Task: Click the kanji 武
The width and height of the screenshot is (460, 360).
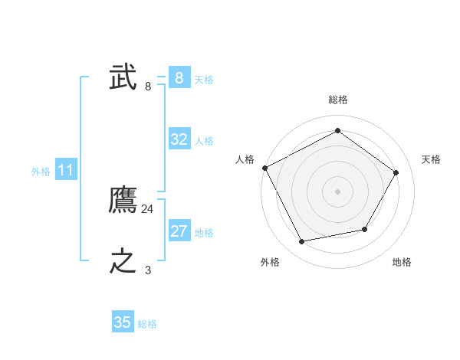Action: [123, 77]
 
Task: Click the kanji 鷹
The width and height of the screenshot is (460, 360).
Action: [123, 200]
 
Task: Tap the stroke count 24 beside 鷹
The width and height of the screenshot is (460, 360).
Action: [148, 208]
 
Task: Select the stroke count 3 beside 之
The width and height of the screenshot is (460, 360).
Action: [148, 270]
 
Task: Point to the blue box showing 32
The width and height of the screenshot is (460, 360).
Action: [179, 139]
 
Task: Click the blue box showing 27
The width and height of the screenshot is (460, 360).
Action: [179, 231]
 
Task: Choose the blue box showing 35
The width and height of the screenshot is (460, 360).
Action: [123, 322]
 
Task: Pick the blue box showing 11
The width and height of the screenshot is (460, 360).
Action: [65, 170]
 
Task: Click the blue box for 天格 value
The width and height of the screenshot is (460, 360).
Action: [179, 78]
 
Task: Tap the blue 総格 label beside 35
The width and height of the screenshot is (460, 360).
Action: [147, 324]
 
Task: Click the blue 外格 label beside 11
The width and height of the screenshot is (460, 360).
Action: [41, 172]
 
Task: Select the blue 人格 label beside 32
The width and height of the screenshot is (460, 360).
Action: [204, 141]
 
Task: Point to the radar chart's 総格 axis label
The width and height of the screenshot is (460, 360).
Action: [337, 100]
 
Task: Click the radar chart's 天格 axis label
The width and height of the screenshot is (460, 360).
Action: [431, 159]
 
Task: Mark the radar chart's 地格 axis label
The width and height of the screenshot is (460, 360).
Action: [402, 262]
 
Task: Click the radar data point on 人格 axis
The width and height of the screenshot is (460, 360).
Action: [264, 168]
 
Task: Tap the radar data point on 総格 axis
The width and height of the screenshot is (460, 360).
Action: [337, 131]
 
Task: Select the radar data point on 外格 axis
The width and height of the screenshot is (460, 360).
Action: [302, 242]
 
